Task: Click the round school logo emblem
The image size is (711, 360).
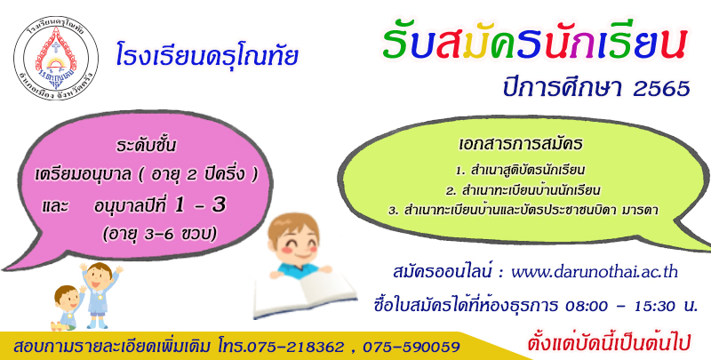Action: (56, 58)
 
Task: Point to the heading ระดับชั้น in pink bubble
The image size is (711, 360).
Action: (146, 146)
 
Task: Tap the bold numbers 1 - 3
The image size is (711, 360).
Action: (200, 205)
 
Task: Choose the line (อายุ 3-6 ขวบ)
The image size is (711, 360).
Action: (159, 233)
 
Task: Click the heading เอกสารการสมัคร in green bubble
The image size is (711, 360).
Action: (521, 144)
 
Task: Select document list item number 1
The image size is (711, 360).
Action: (521, 171)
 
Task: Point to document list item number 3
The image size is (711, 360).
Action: (523, 211)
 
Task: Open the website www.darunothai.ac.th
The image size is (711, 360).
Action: (595, 273)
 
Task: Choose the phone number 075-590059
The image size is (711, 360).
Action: (411, 347)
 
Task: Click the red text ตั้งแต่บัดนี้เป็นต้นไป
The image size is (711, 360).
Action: (609, 343)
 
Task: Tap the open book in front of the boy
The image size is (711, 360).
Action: (305, 293)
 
